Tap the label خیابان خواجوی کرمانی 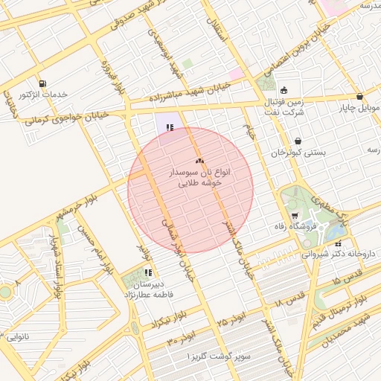[66, 117]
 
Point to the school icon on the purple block [170, 127]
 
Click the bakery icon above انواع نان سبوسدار [199, 161]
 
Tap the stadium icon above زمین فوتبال [284, 90]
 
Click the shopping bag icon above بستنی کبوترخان [298, 141]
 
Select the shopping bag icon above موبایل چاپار [360, 97]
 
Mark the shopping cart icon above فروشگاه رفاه [295, 216]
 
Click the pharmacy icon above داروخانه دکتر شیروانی [339, 243]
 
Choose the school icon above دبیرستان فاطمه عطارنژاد [147, 272]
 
